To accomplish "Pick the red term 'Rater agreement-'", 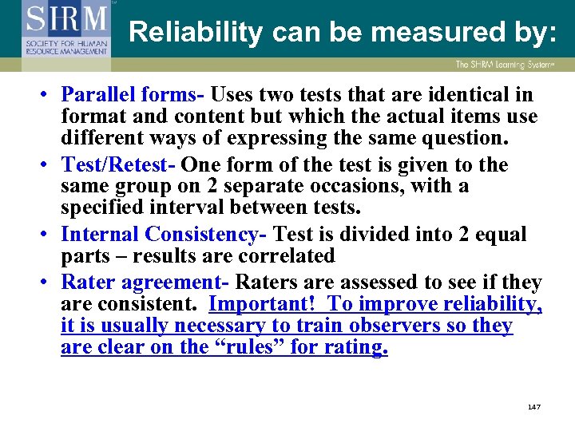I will [145, 283].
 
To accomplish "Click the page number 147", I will [534, 407].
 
